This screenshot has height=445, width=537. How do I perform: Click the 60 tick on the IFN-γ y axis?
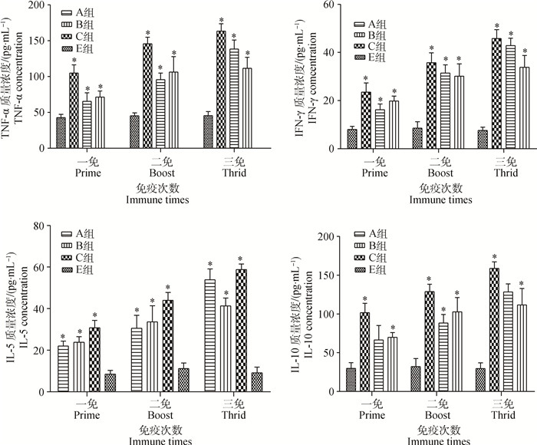point(330,5)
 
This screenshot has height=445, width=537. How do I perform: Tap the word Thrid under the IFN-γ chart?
point(505,173)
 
